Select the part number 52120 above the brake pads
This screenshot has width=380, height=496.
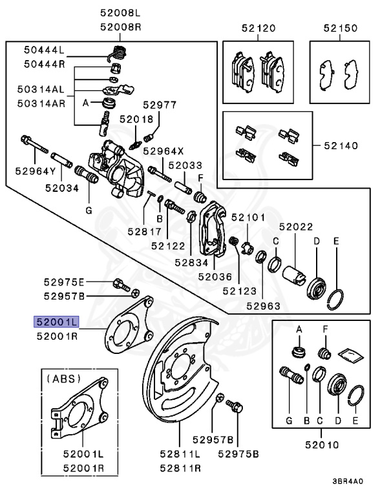(259, 28)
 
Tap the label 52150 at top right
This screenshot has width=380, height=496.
(340, 28)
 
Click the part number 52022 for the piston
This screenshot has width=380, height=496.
(296, 227)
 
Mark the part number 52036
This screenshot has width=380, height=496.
(215, 276)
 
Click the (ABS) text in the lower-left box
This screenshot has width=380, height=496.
(63, 380)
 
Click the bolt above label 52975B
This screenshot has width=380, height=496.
(235, 408)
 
